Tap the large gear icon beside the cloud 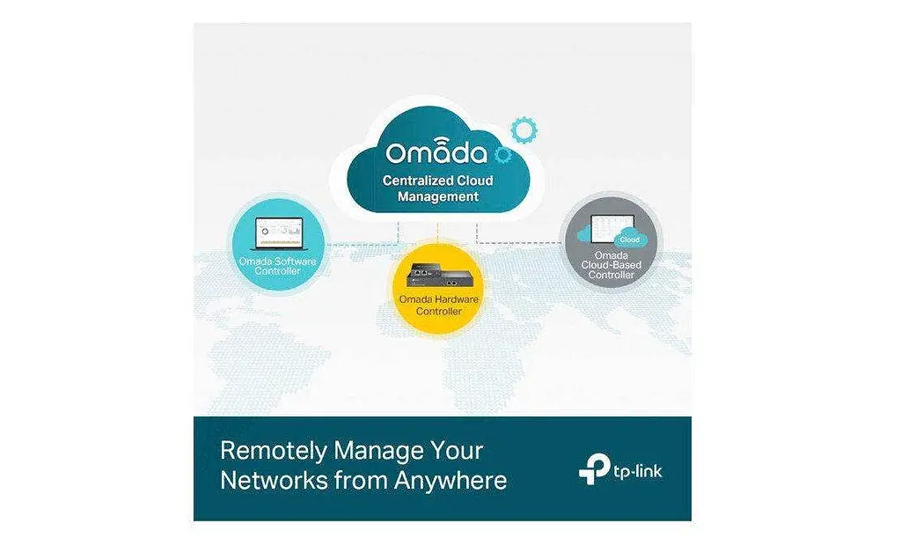(x=524, y=130)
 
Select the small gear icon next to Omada (x=502, y=154)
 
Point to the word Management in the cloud (x=438, y=196)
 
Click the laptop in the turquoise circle (x=279, y=234)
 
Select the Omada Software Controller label (x=278, y=266)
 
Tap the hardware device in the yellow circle (x=438, y=276)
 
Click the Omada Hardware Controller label (x=438, y=306)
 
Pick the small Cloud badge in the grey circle (x=630, y=240)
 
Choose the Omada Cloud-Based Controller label (x=611, y=265)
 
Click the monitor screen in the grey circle (x=612, y=229)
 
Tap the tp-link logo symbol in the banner (x=594, y=468)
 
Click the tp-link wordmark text (x=638, y=472)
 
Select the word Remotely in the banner (x=274, y=451)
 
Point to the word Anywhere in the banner (x=450, y=481)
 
